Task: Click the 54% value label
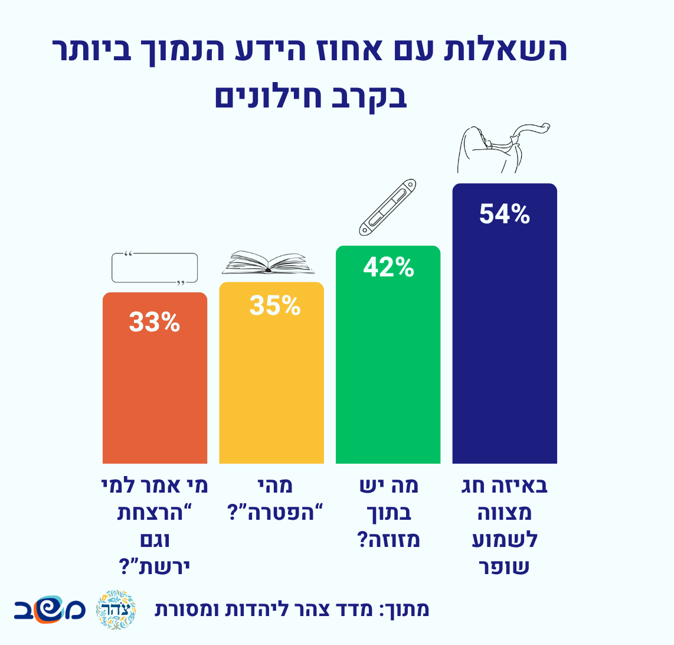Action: coord(504,214)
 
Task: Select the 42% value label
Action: coord(388,268)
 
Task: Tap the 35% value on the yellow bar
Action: coord(274,305)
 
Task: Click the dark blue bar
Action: coord(505,354)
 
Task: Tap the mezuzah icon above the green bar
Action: coord(388,205)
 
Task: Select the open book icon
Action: coord(269,263)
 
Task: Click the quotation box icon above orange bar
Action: coord(155,268)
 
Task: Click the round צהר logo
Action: coord(116,609)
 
